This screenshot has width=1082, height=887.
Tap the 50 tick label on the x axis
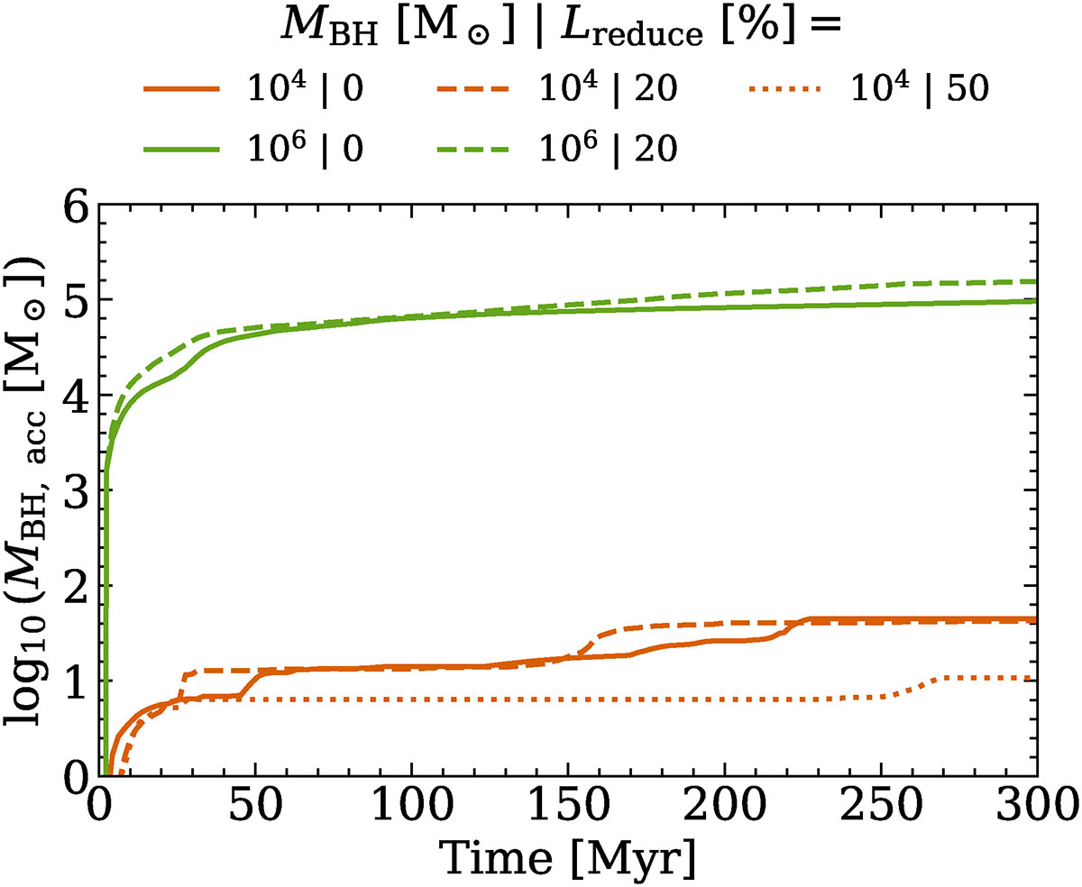point(255,801)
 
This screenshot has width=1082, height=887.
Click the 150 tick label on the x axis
point(568,801)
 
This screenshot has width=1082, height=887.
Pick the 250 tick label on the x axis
point(881,801)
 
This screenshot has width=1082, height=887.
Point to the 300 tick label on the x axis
point(1035,801)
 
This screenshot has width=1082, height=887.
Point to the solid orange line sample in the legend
point(180,92)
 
